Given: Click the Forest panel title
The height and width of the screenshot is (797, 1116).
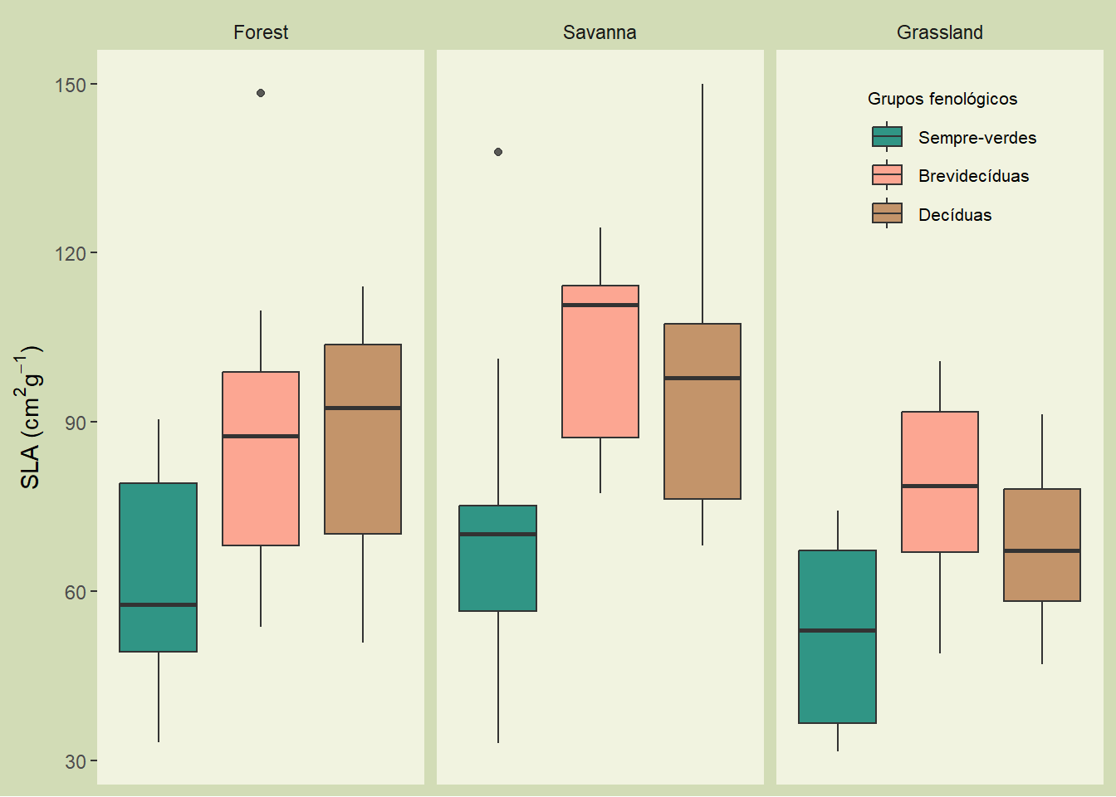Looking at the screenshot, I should tap(261, 32).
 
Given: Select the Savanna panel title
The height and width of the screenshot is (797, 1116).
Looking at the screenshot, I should tap(600, 32).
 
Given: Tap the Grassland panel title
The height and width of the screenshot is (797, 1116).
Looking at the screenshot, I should tap(939, 32).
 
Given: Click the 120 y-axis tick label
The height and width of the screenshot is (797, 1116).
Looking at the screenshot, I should tap(71, 253).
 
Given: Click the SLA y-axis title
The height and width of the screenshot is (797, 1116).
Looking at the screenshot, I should tap(30, 417).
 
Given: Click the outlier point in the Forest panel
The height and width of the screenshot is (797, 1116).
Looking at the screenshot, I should tap(261, 93).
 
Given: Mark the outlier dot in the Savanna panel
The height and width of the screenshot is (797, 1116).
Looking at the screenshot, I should tap(498, 152).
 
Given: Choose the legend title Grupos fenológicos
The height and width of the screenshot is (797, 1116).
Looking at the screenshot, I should tap(942, 99).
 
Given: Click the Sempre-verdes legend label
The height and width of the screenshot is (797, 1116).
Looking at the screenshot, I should tap(977, 138).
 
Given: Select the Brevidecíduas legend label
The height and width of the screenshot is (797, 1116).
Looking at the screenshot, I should tap(973, 176).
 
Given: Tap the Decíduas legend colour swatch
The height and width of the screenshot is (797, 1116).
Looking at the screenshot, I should tap(887, 214).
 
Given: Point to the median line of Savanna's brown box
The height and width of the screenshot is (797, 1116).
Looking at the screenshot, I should tap(702, 378).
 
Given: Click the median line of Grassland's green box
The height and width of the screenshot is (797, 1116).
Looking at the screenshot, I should tap(837, 630).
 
